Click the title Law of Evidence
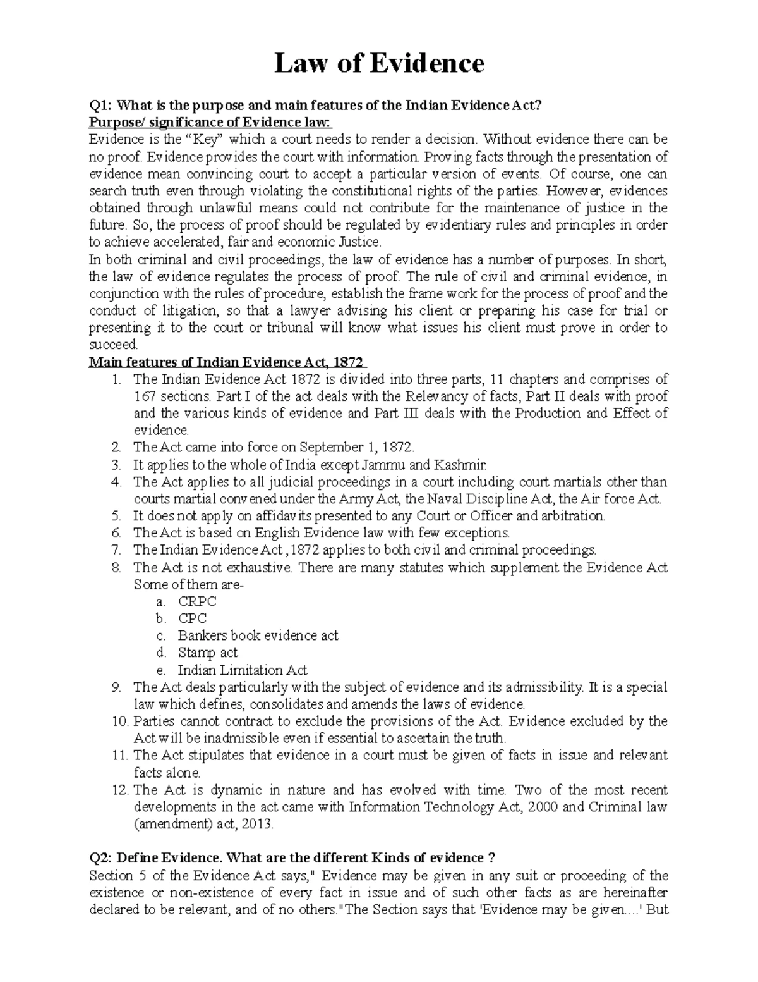coord(379,64)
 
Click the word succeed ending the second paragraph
coord(113,345)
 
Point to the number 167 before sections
coord(144,396)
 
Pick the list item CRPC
coord(197,601)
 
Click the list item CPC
coord(192,618)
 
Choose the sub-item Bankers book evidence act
coord(258,635)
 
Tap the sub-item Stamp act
coord(207,653)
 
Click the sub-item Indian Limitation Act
coord(243,670)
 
